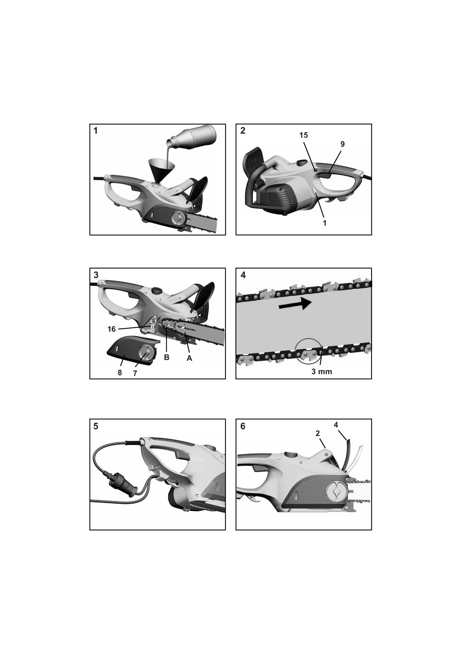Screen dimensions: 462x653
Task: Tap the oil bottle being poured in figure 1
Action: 192,137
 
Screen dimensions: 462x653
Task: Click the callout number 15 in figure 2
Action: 304,135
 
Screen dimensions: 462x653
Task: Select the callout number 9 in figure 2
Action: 342,144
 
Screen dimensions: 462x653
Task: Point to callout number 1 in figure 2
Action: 325,223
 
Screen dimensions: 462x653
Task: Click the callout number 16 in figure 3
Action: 111,329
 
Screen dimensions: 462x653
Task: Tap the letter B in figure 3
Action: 167,357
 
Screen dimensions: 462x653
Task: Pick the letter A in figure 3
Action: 189,358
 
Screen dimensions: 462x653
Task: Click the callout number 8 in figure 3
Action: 120,373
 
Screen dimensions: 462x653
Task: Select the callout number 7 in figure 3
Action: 135,373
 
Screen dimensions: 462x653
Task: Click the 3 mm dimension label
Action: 322,372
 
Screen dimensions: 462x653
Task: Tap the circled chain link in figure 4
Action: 308,351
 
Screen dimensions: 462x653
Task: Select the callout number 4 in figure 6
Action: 336,425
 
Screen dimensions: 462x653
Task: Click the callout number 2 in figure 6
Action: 317,433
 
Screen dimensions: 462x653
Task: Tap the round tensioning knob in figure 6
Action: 336,491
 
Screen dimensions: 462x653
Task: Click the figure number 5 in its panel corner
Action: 96,426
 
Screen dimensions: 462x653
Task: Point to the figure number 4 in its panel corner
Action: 243,275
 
